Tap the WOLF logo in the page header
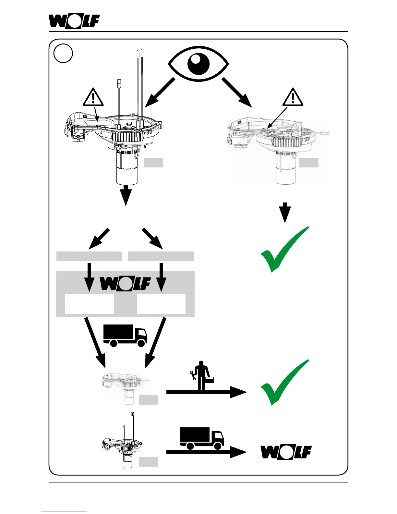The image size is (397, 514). pos(74,21)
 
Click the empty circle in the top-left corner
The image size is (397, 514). pos(63,53)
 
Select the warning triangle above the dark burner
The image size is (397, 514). pos(93,98)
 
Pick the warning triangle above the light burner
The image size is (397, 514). pos(293,98)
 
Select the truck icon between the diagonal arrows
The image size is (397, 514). pos(125,336)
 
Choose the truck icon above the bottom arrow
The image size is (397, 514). pos(201,438)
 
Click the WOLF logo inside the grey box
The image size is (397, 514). pos(125,283)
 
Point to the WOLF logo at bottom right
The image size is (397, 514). pos(286,452)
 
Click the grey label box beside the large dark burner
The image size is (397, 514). pos(153,163)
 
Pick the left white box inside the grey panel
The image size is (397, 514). pos(89,304)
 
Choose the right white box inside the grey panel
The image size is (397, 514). pos(161,304)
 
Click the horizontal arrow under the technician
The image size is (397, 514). pos(206,392)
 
